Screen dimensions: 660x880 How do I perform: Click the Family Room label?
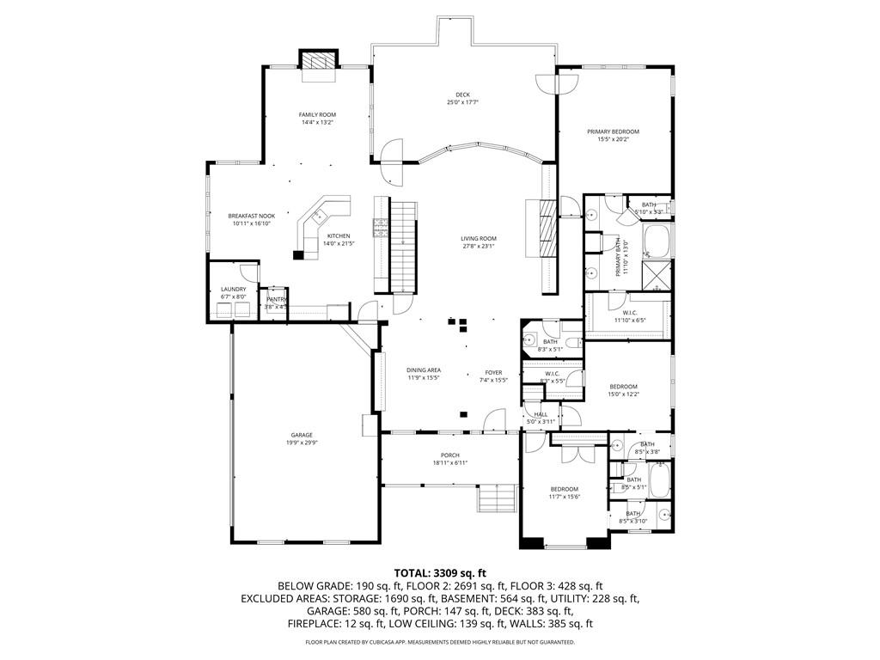click(317, 114)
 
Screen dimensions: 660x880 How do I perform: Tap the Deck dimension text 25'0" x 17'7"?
click(462, 102)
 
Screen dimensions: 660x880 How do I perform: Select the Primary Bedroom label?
click(613, 131)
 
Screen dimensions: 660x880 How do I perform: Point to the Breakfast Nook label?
click(251, 215)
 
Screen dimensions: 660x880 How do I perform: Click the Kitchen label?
click(338, 235)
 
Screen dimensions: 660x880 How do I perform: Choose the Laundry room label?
click(234, 289)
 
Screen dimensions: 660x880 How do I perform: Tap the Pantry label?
click(276, 299)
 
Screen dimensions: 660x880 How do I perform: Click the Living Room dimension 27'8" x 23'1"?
click(479, 247)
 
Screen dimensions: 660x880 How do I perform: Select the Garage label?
click(301, 435)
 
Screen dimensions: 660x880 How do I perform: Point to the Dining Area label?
click(424, 370)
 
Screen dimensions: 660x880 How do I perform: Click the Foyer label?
click(492, 372)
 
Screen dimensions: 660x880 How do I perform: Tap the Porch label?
click(450, 455)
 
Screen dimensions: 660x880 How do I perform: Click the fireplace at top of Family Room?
click(318, 63)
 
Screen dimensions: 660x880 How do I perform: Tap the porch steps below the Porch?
click(498, 498)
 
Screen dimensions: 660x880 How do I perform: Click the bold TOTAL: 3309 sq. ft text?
click(440, 572)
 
